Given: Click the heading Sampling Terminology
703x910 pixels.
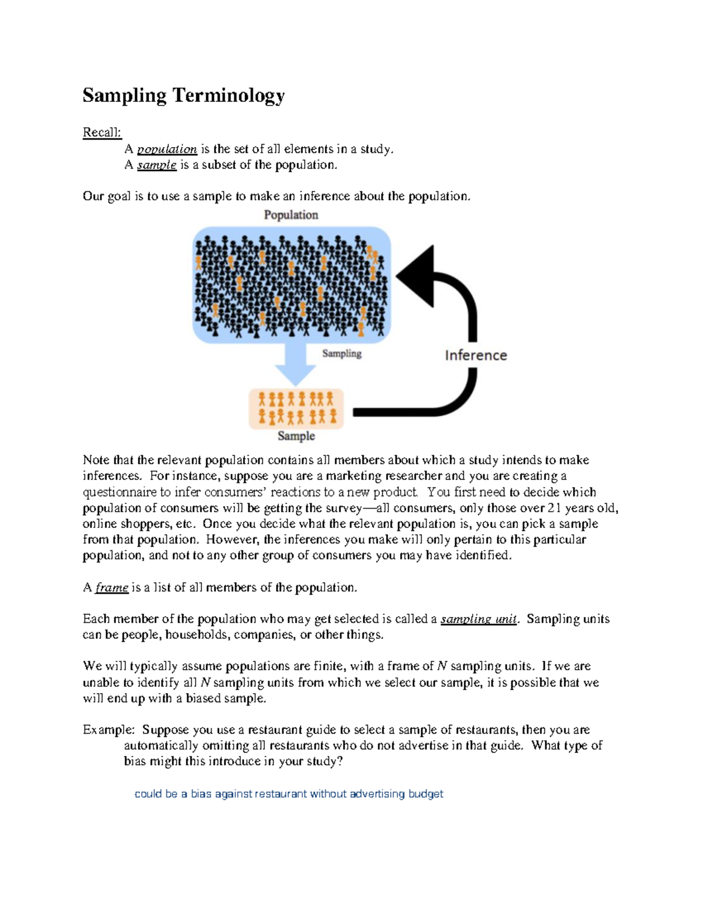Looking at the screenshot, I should click(183, 96).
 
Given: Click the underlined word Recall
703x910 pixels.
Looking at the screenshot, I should click(101, 132).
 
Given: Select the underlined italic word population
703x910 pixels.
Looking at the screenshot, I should click(167, 149).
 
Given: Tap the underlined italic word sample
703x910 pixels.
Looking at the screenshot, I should click(156, 165).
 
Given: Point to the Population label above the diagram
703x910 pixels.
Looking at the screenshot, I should click(291, 215).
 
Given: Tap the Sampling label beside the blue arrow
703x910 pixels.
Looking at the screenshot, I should click(342, 353).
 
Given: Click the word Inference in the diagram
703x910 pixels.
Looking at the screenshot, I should click(476, 355).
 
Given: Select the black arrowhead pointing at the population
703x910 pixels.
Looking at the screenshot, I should click(418, 276).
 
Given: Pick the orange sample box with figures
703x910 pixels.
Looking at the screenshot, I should click(296, 408).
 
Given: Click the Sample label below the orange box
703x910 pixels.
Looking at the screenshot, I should click(296, 436).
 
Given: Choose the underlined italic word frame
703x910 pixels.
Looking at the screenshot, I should click(111, 587).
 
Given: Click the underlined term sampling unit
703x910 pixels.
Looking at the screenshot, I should click(479, 619).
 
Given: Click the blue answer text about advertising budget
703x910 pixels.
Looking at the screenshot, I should click(289, 794).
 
